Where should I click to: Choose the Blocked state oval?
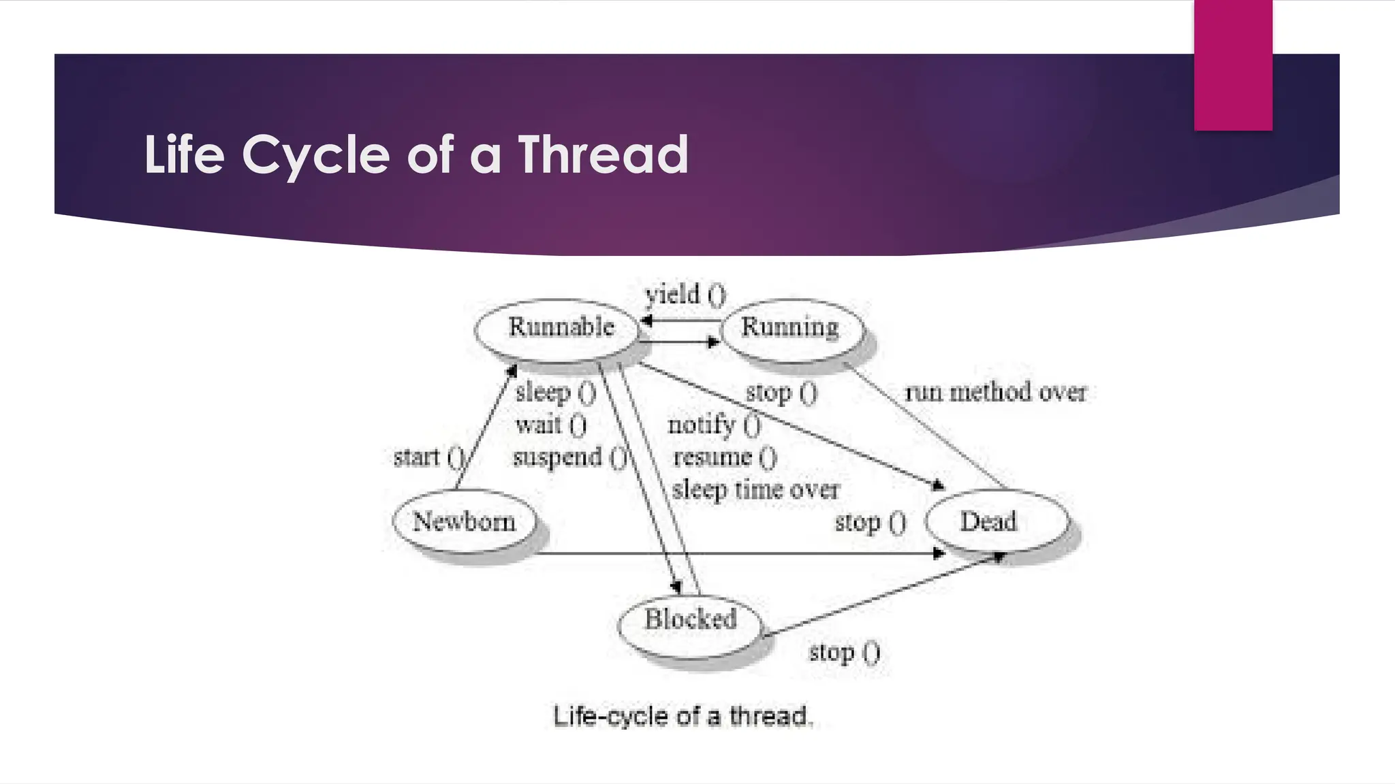click(x=690, y=620)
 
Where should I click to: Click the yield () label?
click(x=685, y=295)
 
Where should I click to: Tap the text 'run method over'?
click(x=995, y=393)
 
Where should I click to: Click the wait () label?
click(x=550, y=425)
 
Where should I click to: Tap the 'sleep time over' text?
click(x=755, y=490)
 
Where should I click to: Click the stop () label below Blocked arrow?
click(x=844, y=653)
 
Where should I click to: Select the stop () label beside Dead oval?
click(x=870, y=523)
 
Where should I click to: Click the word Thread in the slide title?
click(x=604, y=154)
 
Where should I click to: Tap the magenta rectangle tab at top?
click(x=1233, y=65)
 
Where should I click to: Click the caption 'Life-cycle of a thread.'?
click(x=683, y=717)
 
